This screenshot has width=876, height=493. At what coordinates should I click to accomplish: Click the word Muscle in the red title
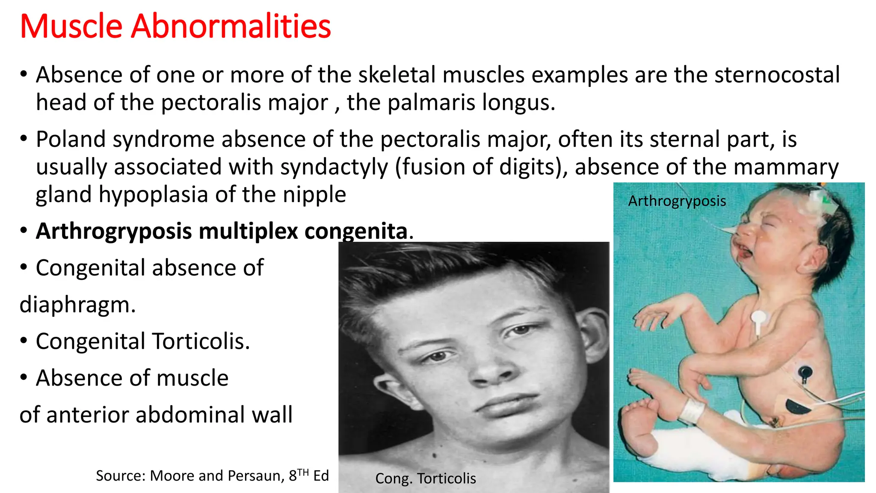pos(71,27)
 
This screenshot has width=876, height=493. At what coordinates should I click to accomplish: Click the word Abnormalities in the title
pos(231,27)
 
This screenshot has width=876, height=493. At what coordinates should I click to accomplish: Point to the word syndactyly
pos(334,167)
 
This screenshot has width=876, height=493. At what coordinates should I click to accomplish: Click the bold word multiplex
pos(248,232)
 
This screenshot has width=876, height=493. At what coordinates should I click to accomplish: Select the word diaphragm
pos(77,305)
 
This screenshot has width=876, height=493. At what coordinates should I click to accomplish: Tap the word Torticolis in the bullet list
pos(201,342)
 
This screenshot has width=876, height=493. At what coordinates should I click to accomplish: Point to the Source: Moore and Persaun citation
pos(212,475)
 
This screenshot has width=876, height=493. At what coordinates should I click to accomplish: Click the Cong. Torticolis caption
pos(426,478)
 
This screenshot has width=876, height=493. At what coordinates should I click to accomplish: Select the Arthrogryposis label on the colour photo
pos(677,201)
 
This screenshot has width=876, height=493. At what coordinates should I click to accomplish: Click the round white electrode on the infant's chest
pos(758,318)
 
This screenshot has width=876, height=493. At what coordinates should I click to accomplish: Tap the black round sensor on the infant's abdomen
pos(805,372)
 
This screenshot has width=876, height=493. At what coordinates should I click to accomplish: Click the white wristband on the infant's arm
pos(692,410)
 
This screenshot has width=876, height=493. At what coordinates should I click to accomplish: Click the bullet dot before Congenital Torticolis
pos(24,342)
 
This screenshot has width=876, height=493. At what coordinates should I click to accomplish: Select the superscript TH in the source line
pos(303,472)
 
